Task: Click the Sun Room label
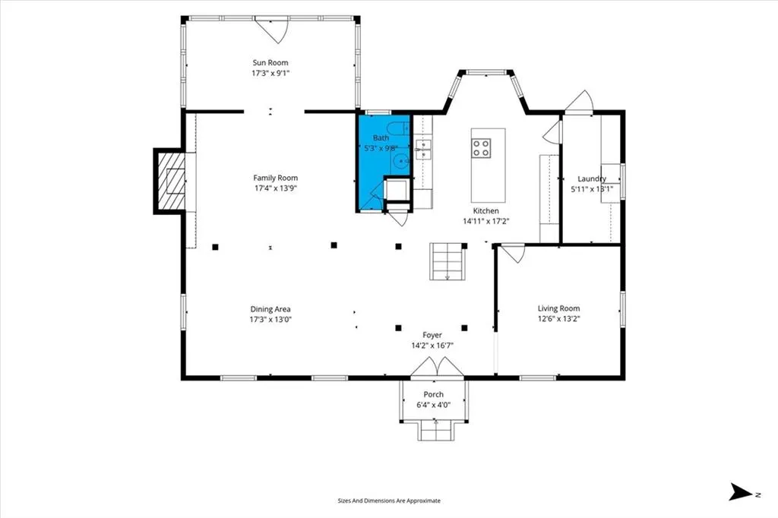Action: [270, 62]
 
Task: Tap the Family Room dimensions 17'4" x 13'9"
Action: [275, 188]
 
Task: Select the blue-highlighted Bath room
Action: [383, 163]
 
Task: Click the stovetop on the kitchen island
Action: [481, 148]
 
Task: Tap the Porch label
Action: [434, 394]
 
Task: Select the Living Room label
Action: [558, 308]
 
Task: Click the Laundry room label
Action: [592, 178]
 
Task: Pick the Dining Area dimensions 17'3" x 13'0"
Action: [270, 320]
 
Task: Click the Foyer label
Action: [432, 335]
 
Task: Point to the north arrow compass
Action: [741, 492]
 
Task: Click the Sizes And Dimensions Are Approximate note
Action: [389, 501]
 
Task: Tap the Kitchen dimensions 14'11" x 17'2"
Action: [486, 221]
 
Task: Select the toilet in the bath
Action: [398, 128]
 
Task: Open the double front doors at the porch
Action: [437, 367]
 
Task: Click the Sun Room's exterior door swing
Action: [271, 30]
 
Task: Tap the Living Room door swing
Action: [512, 253]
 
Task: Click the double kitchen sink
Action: [423, 150]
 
